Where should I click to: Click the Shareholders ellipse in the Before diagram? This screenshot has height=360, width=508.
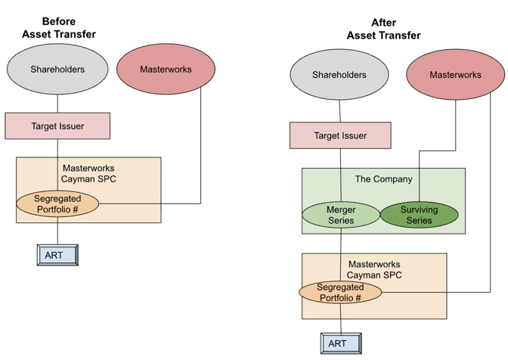tap(57, 70)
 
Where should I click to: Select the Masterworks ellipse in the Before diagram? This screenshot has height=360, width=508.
tap(166, 70)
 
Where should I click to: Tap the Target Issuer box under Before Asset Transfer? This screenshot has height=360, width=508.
tap(57, 126)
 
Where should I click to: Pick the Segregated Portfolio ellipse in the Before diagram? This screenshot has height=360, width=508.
tap(58, 203)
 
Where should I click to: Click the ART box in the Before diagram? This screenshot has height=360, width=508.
tap(57, 255)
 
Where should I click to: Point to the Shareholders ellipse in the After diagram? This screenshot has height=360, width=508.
tap(339, 75)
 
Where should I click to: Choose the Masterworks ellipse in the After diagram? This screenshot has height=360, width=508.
tap(455, 75)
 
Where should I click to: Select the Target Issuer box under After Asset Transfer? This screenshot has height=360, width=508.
tap(340, 136)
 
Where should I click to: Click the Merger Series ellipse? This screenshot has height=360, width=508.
tap(340, 215)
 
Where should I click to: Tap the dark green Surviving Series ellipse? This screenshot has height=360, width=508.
tap(419, 215)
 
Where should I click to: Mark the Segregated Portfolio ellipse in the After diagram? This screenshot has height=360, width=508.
tap(340, 293)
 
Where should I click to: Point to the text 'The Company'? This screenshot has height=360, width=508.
tap(384, 179)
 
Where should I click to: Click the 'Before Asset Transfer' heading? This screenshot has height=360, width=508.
tap(59, 28)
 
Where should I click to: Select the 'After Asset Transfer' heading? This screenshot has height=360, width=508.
tap(384, 29)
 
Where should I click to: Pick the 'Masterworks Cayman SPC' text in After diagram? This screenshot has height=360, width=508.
tap(373, 269)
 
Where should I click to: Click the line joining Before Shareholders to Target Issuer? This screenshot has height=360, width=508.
tap(57, 104)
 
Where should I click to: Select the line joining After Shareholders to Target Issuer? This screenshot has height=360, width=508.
tap(339, 112)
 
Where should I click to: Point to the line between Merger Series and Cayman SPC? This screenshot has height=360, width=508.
tap(340, 241)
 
